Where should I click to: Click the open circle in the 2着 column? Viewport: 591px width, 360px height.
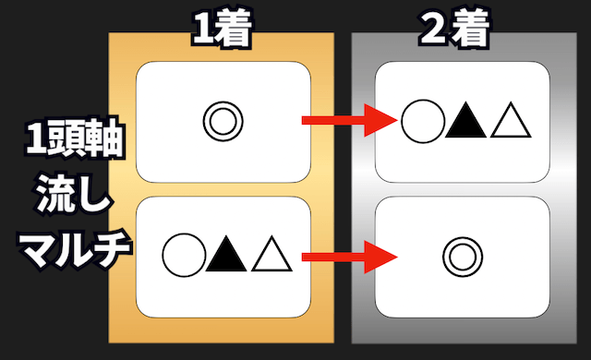click(421, 120)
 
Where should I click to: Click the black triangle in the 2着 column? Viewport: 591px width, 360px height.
click(464, 120)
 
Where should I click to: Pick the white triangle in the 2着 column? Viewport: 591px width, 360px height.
click(508, 121)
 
